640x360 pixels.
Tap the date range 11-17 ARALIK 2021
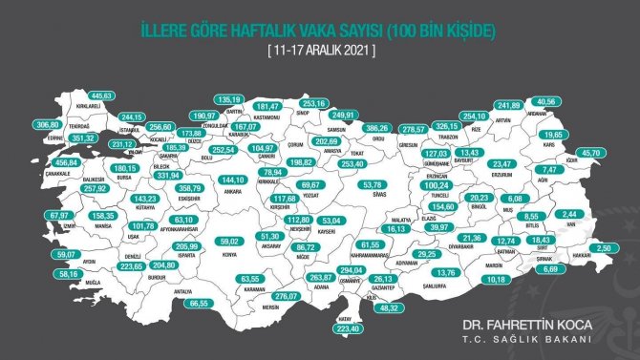click(320, 50)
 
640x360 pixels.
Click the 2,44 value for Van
click(569, 214)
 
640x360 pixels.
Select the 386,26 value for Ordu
click(379, 127)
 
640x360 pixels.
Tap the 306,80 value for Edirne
click(45, 125)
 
